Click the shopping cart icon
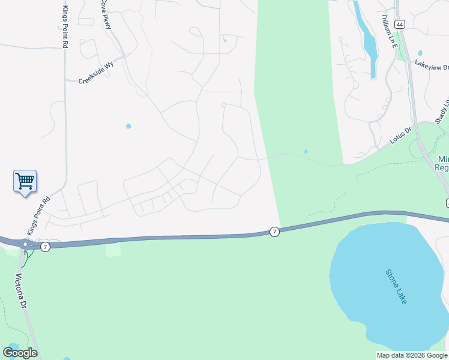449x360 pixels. coord(25,180)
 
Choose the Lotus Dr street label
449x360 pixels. coord(400,135)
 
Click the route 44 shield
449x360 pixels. coord(400,24)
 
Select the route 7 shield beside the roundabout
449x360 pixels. coord(46,247)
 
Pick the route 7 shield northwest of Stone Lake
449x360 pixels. coord(274,232)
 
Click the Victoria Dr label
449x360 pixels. coord(22,292)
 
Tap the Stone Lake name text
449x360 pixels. coord(396,286)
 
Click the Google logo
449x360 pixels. coord(20,352)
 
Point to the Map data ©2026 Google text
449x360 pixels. coord(411,355)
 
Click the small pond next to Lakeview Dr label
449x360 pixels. coord(420,53)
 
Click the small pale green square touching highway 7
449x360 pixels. coord(113,247)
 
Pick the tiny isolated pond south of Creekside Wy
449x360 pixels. coord(128,126)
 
